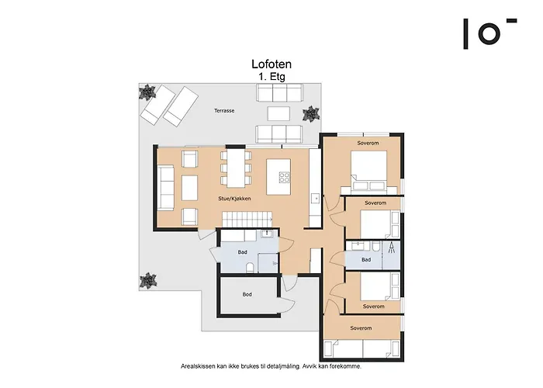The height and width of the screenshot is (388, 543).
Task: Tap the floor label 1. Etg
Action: pos(271,78)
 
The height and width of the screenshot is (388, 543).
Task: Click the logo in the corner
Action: pos(489,33)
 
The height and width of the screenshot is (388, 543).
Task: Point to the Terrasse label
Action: pos(225,112)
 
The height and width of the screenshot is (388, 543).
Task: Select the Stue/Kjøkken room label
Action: pos(235,199)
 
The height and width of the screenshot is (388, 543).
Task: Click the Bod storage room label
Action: pos(247,294)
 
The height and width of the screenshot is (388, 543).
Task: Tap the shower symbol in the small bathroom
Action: pos(392,249)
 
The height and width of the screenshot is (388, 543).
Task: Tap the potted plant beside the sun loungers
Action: pos(145,94)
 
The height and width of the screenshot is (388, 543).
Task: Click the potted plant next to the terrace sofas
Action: pos(310,114)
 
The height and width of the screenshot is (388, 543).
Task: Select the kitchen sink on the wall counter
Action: pos(316,199)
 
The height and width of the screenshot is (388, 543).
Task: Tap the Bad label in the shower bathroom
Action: pos(365,259)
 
